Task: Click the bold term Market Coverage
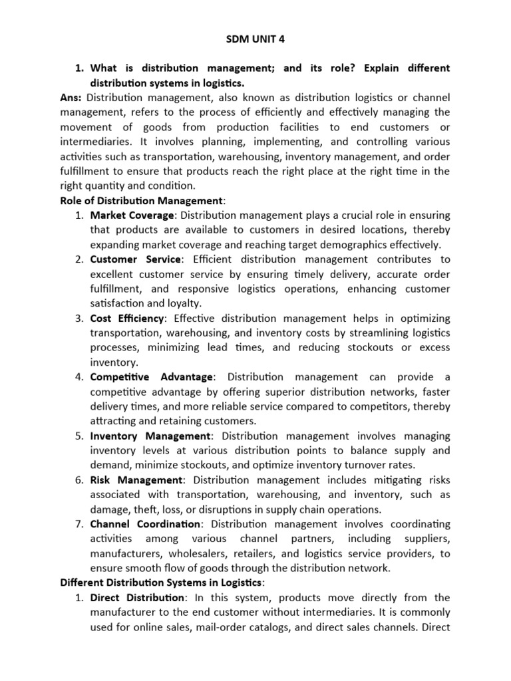tap(132, 215)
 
